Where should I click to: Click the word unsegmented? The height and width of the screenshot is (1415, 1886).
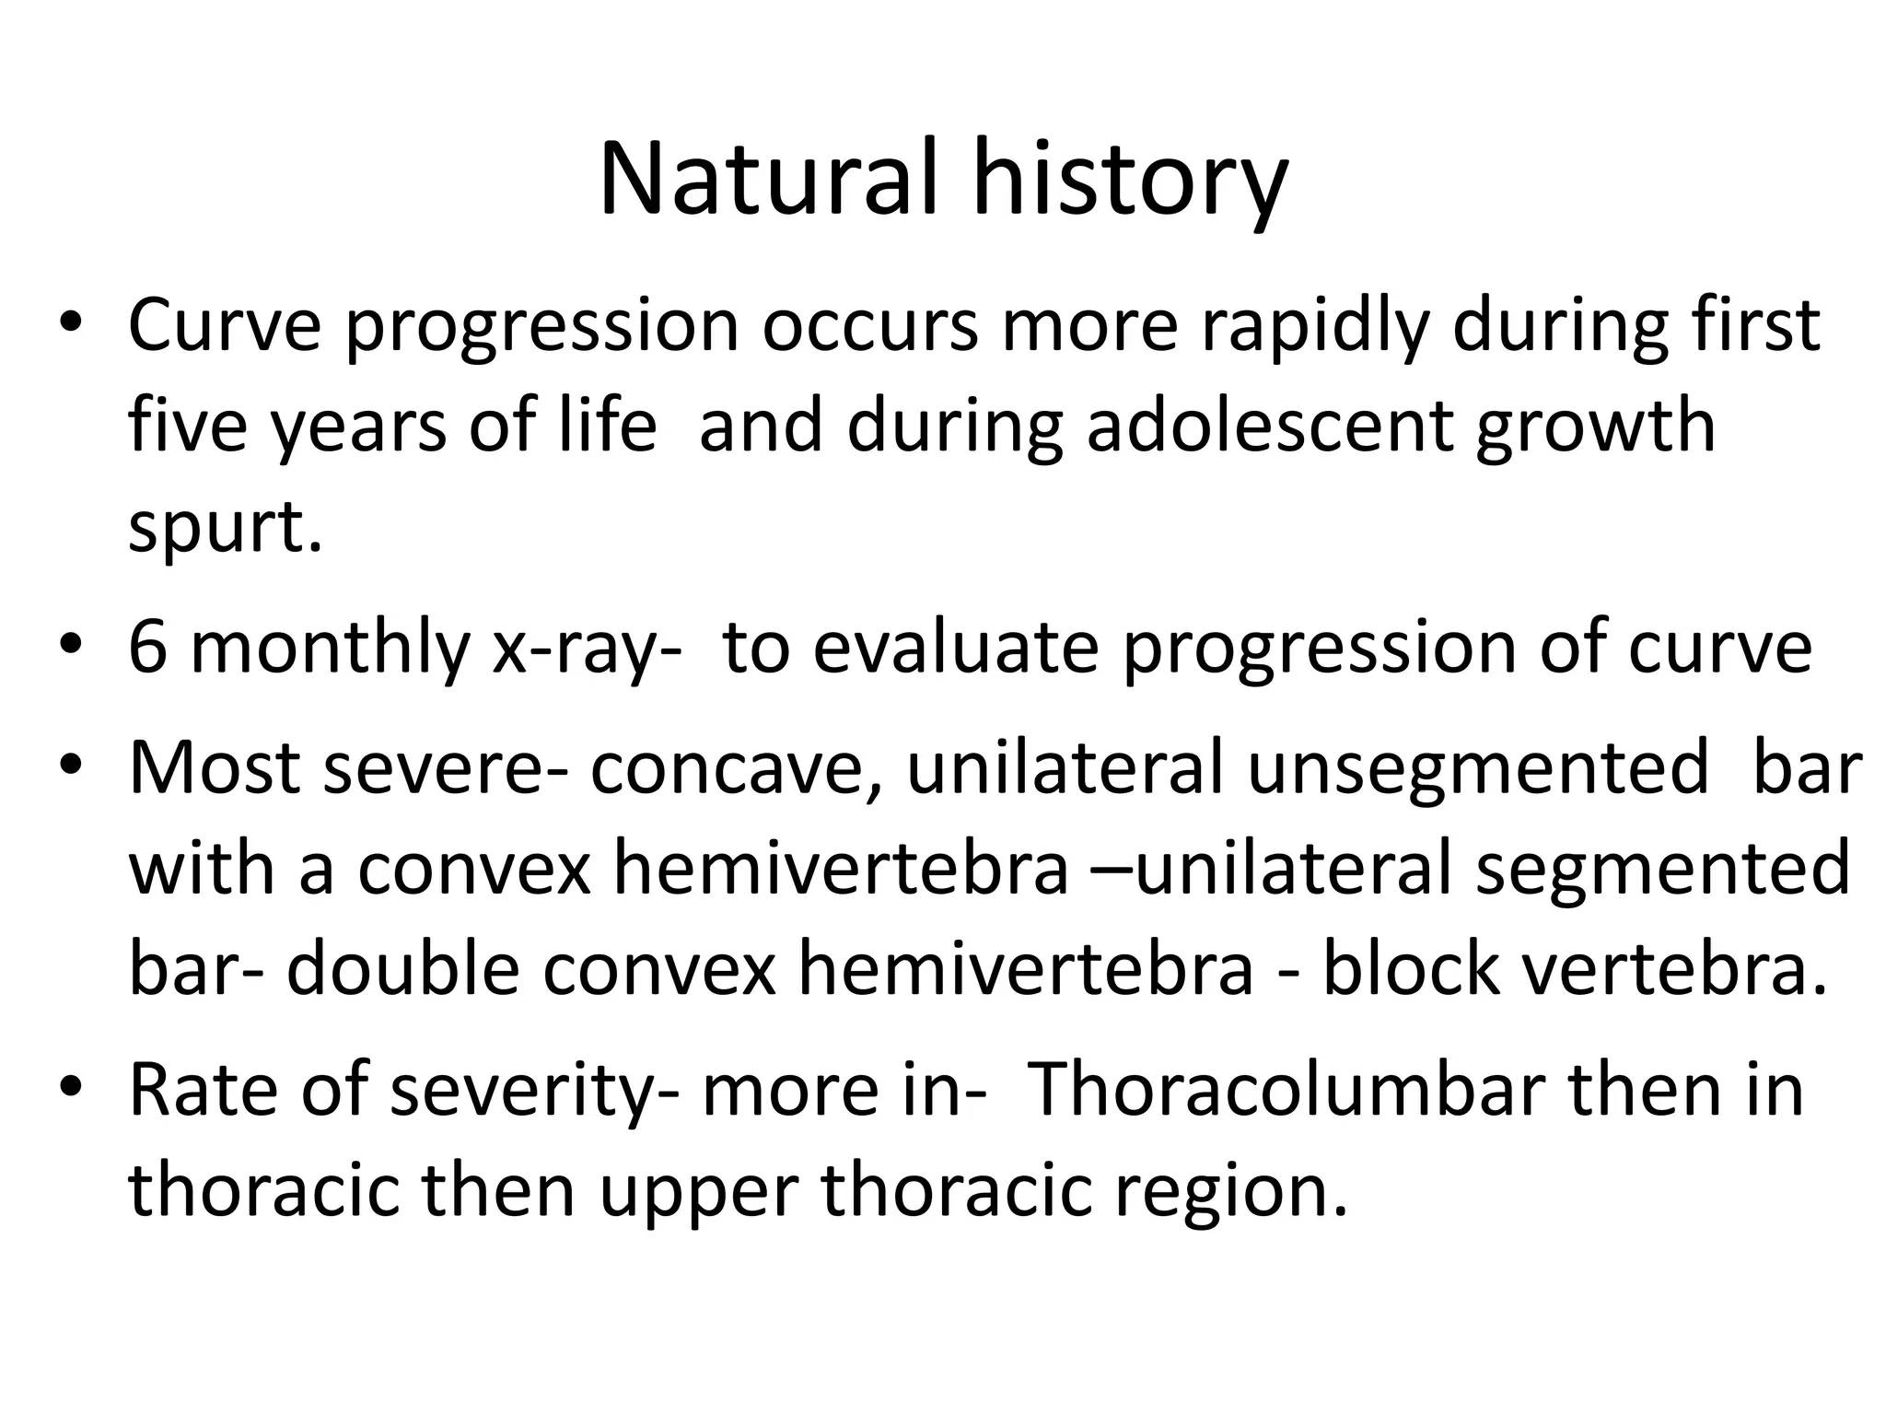coord(1478,766)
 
